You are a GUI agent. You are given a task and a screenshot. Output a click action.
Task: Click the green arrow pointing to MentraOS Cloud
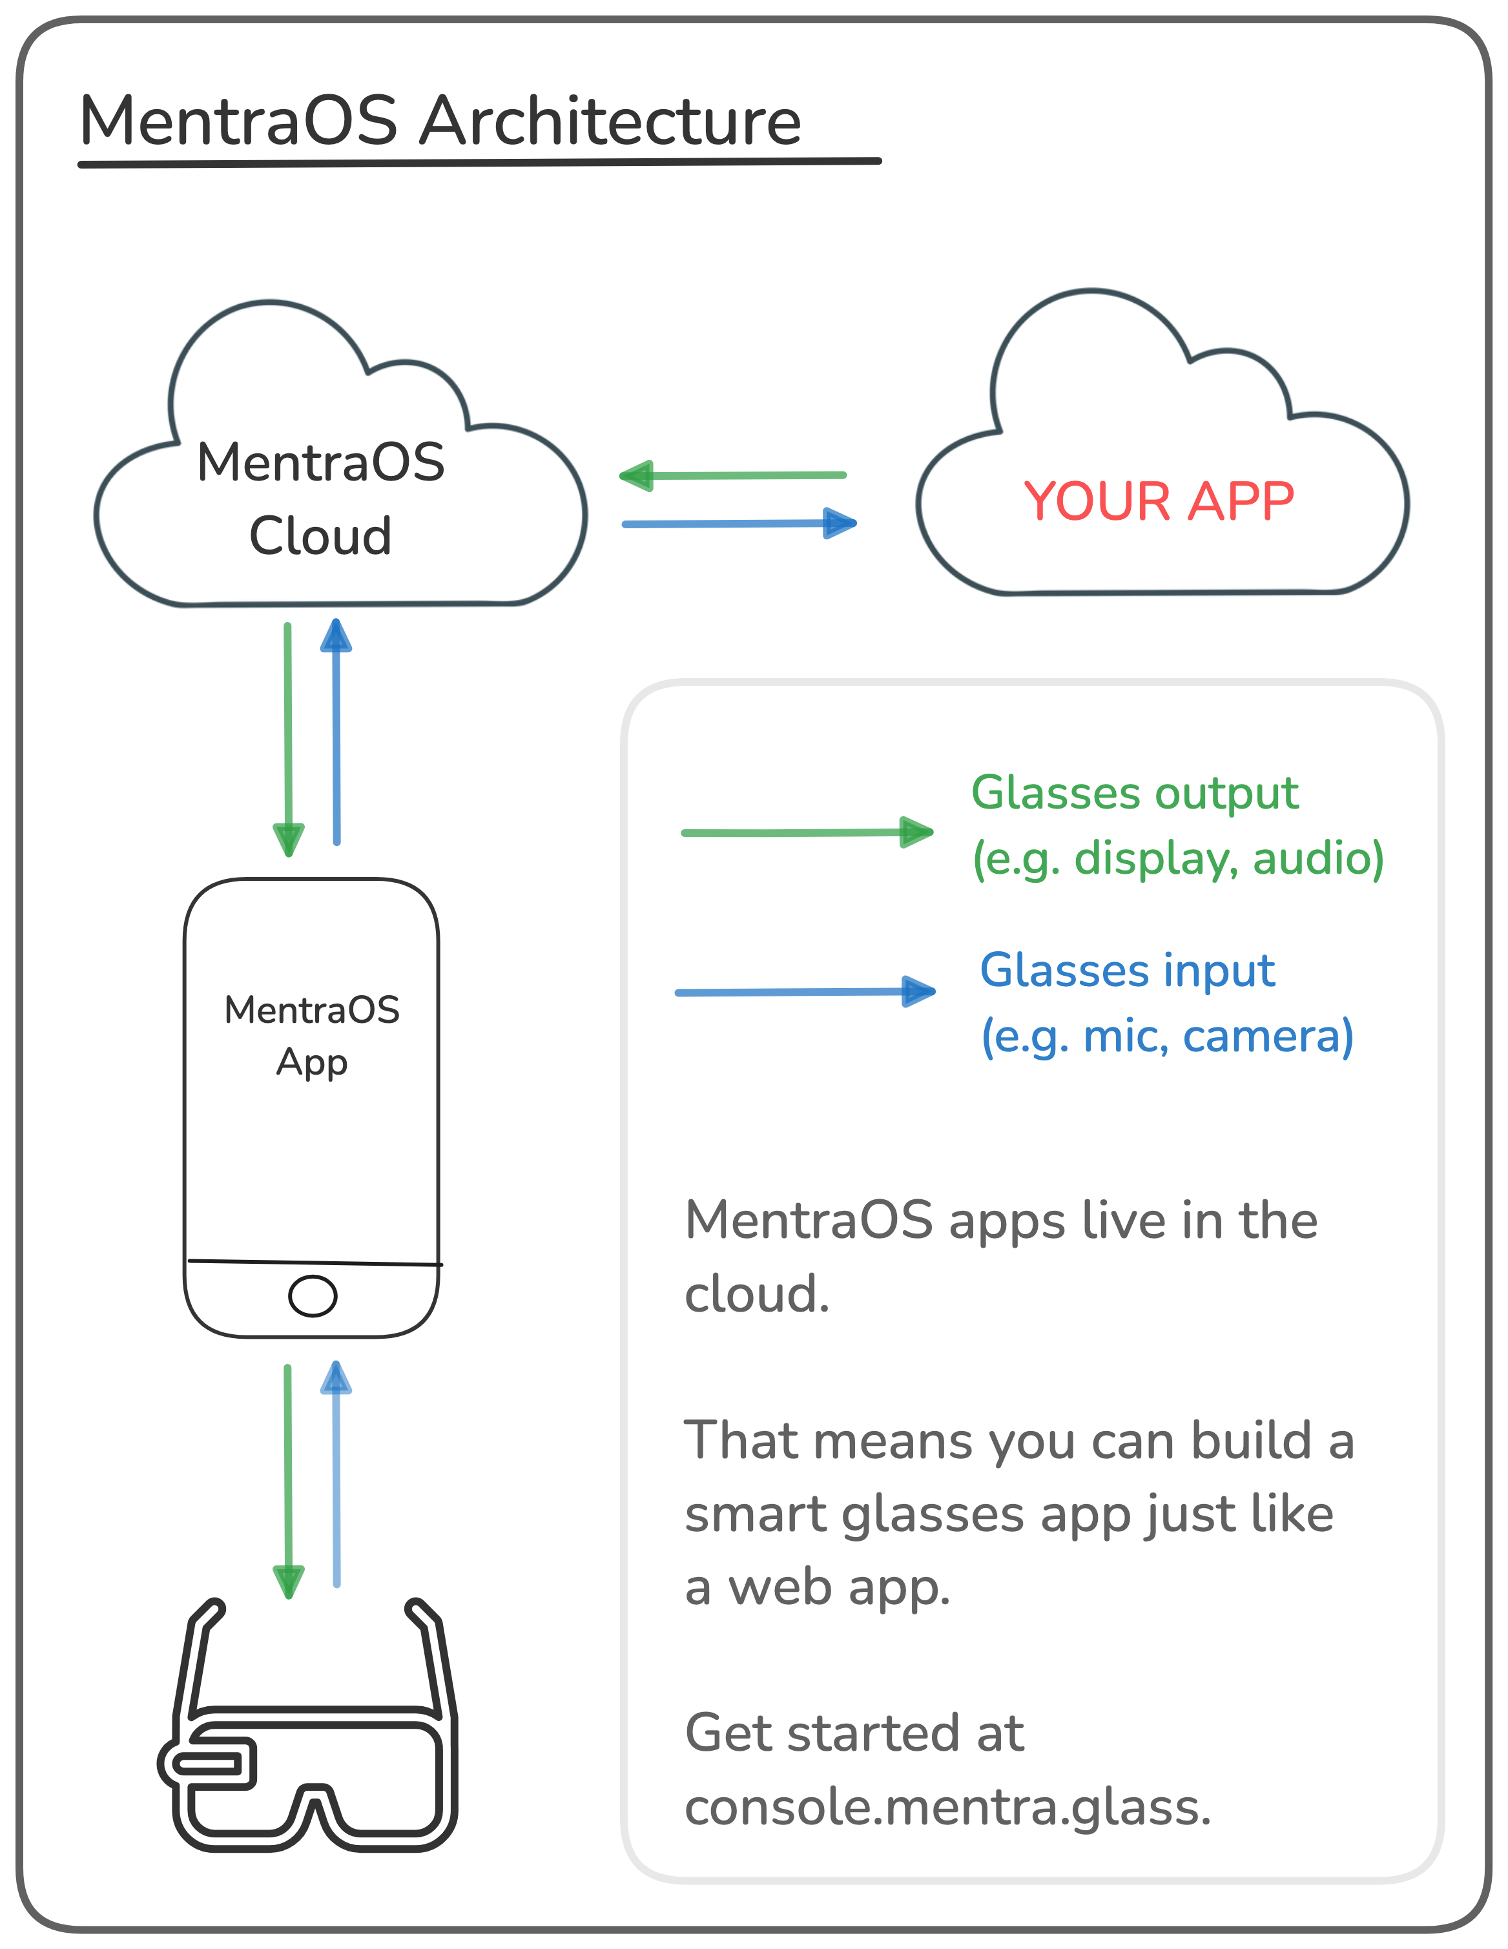coord(732,476)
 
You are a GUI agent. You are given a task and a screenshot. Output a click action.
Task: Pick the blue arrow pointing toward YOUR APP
coord(739,524)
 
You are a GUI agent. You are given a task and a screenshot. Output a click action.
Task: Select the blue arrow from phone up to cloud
coord(336,732)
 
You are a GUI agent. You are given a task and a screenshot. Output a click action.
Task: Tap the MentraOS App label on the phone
coord(311,1035)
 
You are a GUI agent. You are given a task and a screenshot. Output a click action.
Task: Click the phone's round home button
coord(313,1295)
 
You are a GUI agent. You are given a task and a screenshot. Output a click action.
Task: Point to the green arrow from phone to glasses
coord(287,1481)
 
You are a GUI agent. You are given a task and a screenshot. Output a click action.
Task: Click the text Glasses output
coord(1134,793)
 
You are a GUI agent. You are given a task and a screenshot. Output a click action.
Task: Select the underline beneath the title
coord(479,163)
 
